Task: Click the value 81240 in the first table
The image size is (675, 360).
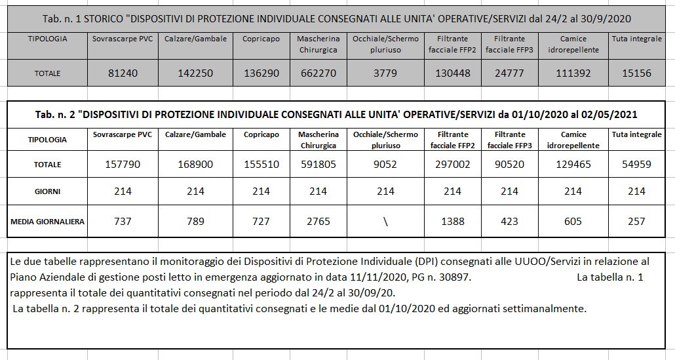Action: pyautogui.click(x=123, y=73)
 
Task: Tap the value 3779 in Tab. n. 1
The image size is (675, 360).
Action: pyautogui.click(x=385, y=73)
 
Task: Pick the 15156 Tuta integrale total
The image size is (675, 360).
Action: pyautogui.click(x=636, y=73)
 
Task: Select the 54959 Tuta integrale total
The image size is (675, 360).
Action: pyautogui.click(x=636, y=164)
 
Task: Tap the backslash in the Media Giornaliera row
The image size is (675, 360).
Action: pyautogui.click(x=385, y=221)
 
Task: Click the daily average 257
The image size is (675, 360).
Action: pyautogui.click(x=636, y=221)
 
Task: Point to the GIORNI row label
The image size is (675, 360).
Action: pyautogui.click(x=47, y=191)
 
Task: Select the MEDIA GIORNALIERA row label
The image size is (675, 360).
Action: pyautogui.click(x=47, y=222)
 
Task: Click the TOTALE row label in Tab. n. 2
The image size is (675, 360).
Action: pyautogui.click(x=47, y=165)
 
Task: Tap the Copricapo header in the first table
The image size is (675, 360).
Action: pyautogui.click(x=261, y=39)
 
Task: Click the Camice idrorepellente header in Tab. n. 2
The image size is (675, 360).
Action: pyautogui.click(x=573, y=140)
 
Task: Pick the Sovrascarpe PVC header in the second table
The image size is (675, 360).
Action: pyautogui.click(x=123, y=134)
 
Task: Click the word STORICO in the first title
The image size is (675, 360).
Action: pyautogui.click(x=136, y=18)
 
